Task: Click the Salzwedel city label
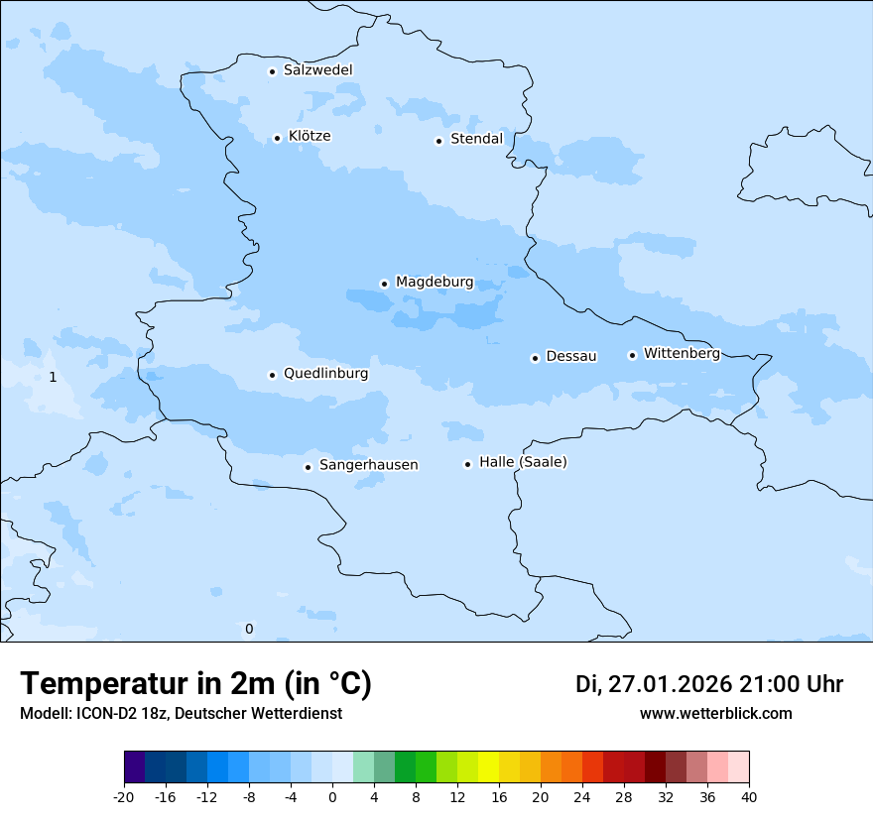coord(317,70)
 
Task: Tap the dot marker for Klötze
coord(278,138)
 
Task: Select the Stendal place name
coord(476,139)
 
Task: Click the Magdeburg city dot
coord(384,284)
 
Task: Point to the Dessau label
coord(571,356)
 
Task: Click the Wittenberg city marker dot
coord(632,355)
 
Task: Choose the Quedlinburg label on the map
coord(325,374)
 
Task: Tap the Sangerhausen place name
coord(368,465)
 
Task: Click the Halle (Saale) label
coord(523,462)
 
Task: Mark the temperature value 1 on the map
coord(53,377)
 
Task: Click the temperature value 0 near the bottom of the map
coord(249,629)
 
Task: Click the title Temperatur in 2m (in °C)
coord(195,684)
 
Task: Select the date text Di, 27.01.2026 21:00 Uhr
coord(709,684)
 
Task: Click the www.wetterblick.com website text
coord(716,713)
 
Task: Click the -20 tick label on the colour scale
coord(124,797)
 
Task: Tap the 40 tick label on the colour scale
coord(749,797)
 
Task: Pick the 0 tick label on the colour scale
coord(332,797)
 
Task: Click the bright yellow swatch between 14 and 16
coord(488,767)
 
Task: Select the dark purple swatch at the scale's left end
coord(134,767)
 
